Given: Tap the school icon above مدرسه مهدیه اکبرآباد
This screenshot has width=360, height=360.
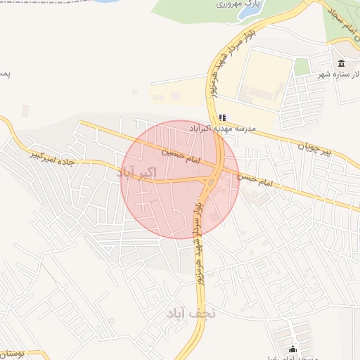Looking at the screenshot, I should (222, 117).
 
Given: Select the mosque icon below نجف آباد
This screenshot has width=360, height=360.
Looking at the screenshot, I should (293, 349).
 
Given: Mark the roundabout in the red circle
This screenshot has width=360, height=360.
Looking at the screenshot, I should (211, 181).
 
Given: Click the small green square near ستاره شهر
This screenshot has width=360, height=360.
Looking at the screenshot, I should (302, 67).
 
